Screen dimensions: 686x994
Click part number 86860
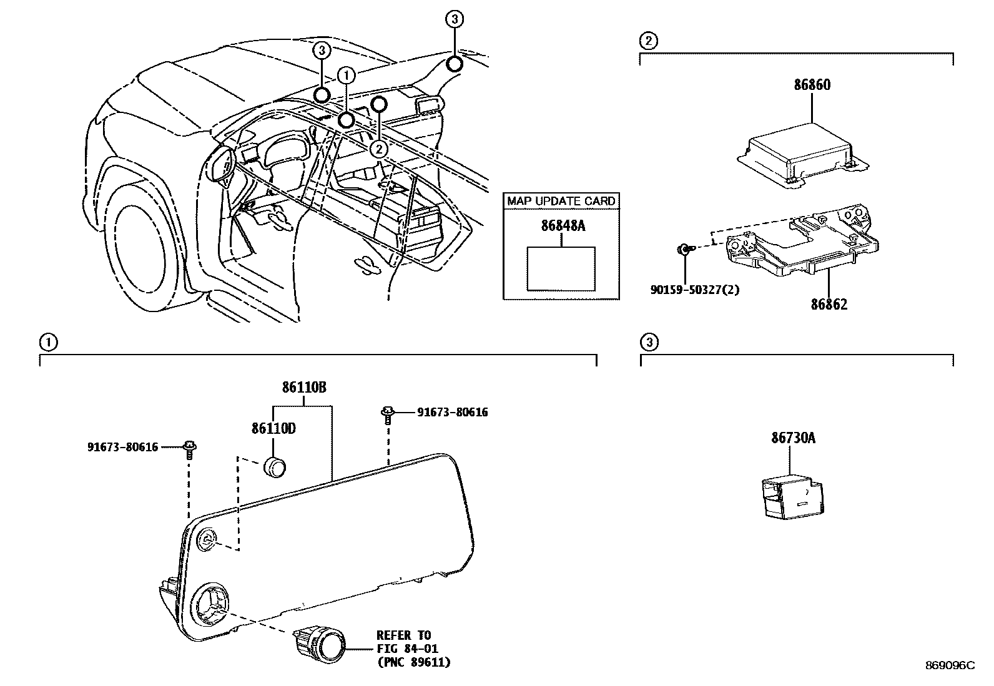coord(812,85)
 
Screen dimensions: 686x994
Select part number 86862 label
coord(829,305)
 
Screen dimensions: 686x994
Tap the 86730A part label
coord(793,438)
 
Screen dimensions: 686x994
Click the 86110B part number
coord(304,388)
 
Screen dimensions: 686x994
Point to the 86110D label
coord(273,429)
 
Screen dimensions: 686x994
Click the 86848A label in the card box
coord(563,226)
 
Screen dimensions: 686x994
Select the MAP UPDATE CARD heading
coord(561,201)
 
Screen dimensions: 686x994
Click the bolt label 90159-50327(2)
coord(693,290)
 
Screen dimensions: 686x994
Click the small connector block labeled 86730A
coord(790,497)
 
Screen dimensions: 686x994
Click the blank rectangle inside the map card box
coord(561,268)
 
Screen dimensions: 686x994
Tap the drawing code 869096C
coord(950,665)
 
